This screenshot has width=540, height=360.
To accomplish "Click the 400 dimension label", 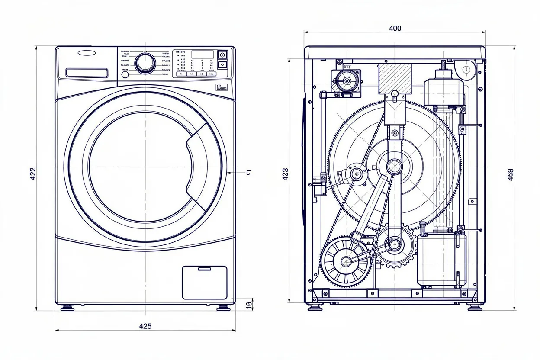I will pos(395,28).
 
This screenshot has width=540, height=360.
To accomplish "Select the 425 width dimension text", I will pos(145,326).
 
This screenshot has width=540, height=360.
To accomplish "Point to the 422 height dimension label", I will pos(33,173).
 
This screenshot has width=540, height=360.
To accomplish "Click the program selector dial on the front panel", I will pos(145,63).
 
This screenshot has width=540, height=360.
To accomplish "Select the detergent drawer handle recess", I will pos(87,73).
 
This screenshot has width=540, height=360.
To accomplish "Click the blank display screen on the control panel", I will pos(202,55).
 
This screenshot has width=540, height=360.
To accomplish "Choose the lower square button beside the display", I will pos(222,64).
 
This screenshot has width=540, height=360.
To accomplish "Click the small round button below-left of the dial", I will pos(125,74).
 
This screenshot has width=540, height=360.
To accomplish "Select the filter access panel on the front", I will pos(205,283).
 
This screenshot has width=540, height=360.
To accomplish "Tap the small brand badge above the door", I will pos(221,88).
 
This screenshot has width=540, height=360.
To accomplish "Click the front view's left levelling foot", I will pos(67,308).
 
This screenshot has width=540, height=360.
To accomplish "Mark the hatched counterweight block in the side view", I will pos(395,79).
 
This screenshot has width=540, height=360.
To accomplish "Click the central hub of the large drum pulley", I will pos(394,166).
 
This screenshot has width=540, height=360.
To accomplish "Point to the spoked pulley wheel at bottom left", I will pos(346,261).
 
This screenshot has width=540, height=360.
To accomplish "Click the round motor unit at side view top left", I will pos(346,81).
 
